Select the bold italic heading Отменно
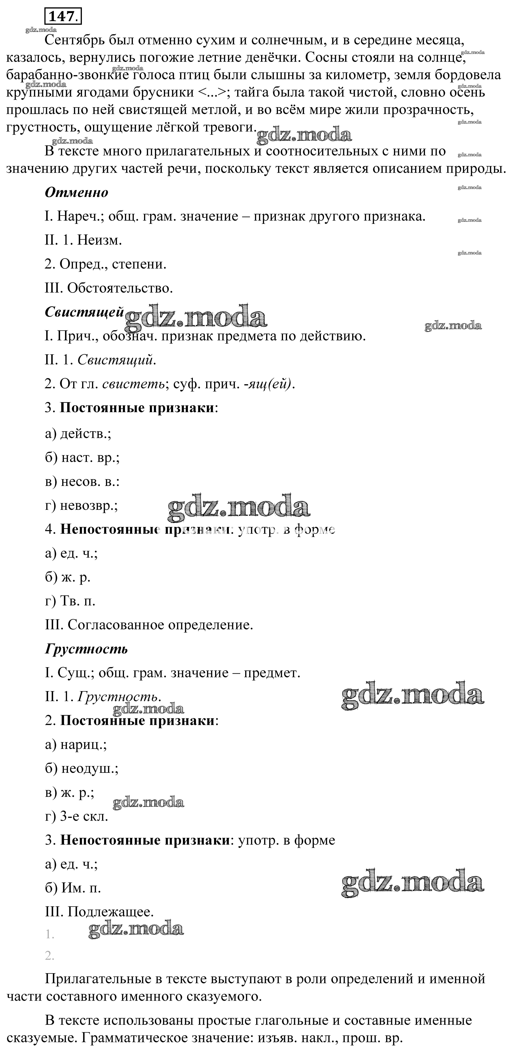pyautogui.click(x=76, y=192)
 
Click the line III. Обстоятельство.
pyautogui.click(x=109, y=288)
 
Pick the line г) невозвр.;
pyautogui.click(x=81, y=506)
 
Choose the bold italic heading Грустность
pyautogui.click(x=86, y=649)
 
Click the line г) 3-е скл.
pyautogui.click(x=76, y=817)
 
